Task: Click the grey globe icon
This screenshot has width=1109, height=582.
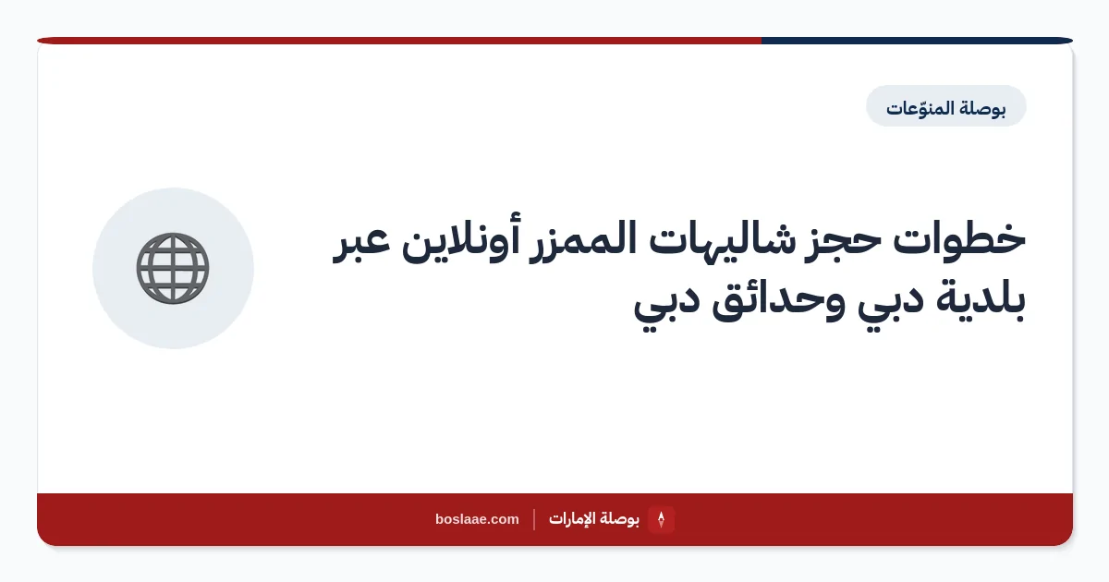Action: click(173, 268)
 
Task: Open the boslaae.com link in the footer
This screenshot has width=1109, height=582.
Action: click(477, 519)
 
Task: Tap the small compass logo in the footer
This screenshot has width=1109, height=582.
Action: click(661, 519)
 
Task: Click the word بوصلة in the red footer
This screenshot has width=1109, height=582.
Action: click(620, 518)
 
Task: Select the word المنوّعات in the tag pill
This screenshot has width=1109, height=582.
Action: click(919, 107)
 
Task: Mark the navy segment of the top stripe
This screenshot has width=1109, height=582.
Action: click(917, 41)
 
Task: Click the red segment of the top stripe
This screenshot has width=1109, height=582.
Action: click(399, 41)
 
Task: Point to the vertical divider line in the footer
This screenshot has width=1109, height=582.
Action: click(534, 519)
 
